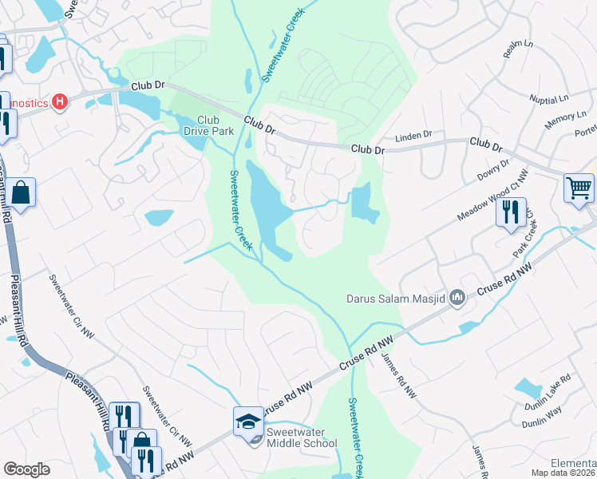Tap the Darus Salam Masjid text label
click(394, 299)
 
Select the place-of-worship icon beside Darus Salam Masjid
click(457, 299)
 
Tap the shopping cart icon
click(579, 189)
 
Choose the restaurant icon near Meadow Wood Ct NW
click(511, 212)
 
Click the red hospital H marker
click(59, 102)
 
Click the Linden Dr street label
click(413, 134)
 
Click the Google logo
click(26, 470)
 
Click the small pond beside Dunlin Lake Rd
click(528, 388)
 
